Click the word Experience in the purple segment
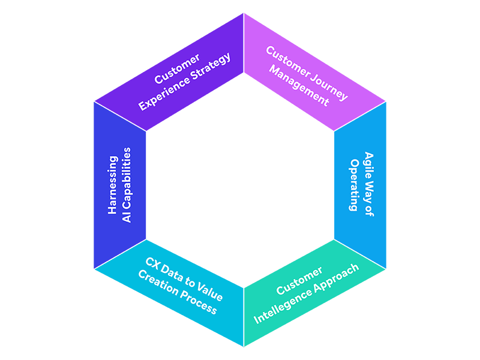(x=164, y=95)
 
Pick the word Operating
(x=354, y=185)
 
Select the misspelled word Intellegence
(x=282, y=305)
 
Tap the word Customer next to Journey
(x=286, y=61)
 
